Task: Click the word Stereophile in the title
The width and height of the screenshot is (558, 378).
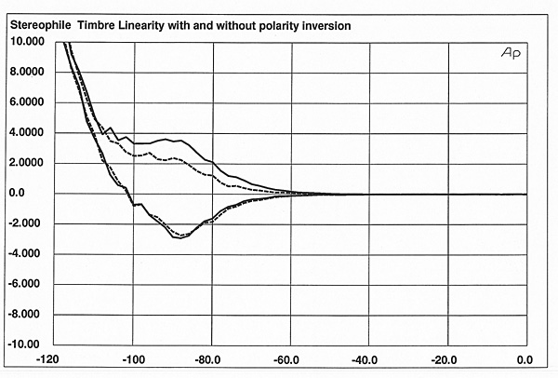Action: tap(39, 27)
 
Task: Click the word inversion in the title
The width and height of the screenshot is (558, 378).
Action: tap(329, 27)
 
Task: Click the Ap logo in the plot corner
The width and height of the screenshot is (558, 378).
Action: tap(511, 54)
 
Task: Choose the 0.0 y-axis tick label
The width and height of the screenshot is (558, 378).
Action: tap(20, 194)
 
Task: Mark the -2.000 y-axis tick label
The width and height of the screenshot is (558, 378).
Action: tap(26, 224)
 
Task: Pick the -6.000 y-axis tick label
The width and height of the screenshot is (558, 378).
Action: tap(26, 285)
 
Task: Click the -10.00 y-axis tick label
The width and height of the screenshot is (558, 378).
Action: tap(26, 344)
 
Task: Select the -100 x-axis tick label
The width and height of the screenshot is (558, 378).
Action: tap(135, 359)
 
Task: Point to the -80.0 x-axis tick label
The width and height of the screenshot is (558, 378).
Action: tap(213, 359)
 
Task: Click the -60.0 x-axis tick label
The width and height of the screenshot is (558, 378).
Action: tap(291, 359)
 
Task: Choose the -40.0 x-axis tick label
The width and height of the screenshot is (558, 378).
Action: tap(369, 359)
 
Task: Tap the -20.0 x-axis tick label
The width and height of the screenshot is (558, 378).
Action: tap(447, 359)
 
